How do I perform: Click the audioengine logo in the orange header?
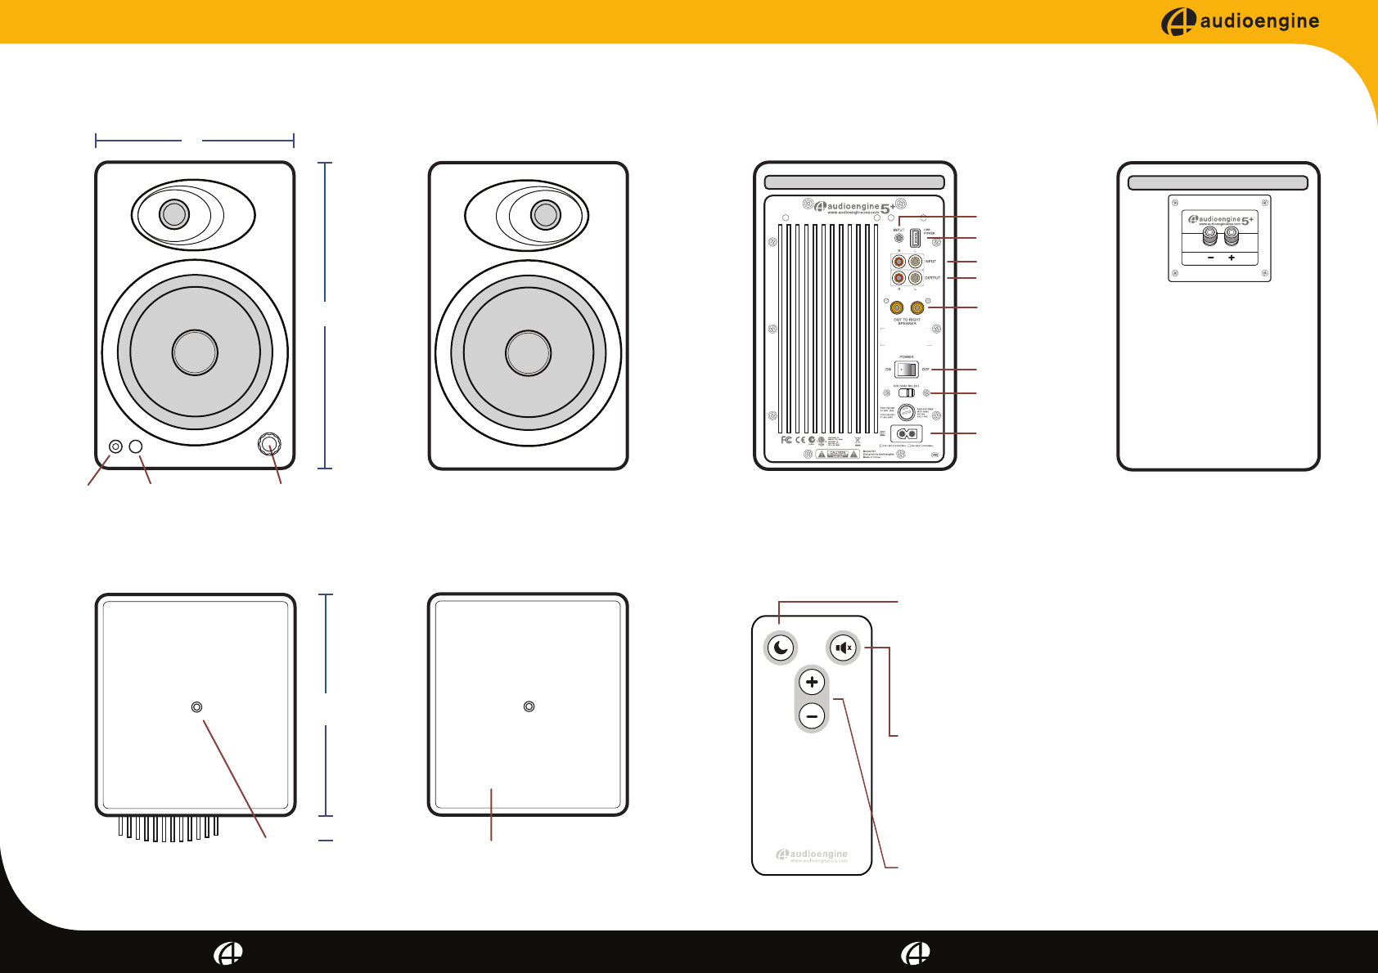point(1240,21)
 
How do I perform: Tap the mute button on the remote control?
point(843,648)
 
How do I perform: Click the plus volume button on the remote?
point(812,682)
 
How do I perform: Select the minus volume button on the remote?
point(812,716)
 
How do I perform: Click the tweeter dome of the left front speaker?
point(173,214)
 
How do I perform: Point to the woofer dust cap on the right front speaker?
point(528,353)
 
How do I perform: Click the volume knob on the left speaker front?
point(270,445)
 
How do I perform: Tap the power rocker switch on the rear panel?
point(906,369)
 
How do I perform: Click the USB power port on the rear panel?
point(915,238)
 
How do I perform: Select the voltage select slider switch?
point(906,392)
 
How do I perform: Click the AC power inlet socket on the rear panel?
point(906,433)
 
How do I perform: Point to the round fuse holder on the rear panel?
point(906,413)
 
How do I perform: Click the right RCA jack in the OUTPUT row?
point(915,278)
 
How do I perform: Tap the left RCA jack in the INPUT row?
point(898,262)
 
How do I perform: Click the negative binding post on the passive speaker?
point(1210,237)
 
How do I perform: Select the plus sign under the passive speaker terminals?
point(1232,258)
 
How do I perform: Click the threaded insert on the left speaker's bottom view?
point(196,707)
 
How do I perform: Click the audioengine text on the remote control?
point(818,854)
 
